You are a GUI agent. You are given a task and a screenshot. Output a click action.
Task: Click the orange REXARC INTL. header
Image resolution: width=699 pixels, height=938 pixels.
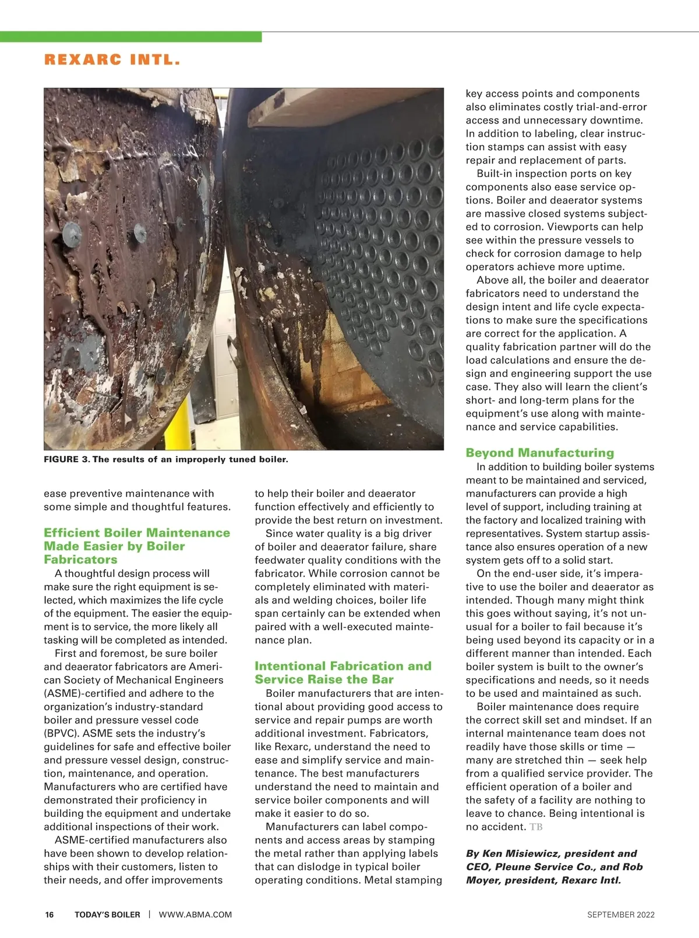coord(112,60)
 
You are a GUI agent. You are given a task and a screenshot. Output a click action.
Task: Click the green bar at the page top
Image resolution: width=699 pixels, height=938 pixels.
coord(130,37)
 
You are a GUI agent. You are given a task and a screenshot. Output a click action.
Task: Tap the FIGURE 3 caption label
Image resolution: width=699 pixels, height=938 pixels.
coord(66,460)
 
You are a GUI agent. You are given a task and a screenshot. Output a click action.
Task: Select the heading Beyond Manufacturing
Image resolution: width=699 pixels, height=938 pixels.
coord(540,453)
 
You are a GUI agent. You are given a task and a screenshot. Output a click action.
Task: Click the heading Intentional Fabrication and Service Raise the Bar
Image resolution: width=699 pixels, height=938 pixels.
coord(343,672)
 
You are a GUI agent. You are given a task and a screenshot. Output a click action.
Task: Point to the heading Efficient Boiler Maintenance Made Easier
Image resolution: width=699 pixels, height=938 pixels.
coord(137,546)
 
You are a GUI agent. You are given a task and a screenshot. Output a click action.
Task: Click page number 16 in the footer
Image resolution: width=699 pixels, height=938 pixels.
coord(50,915)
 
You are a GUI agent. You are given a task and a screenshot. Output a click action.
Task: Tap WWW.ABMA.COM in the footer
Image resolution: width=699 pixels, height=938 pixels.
coord(195,915)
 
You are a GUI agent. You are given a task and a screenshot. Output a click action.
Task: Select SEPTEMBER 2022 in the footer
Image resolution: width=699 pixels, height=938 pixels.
coord(620,915)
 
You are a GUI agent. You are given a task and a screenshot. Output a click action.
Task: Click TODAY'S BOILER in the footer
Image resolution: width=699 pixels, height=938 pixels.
coord(107,915)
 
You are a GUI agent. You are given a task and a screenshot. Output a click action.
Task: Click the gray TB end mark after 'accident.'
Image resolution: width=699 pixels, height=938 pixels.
coord(536,827)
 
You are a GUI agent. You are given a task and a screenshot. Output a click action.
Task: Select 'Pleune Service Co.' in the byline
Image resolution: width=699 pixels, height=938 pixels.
coord(545,867)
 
